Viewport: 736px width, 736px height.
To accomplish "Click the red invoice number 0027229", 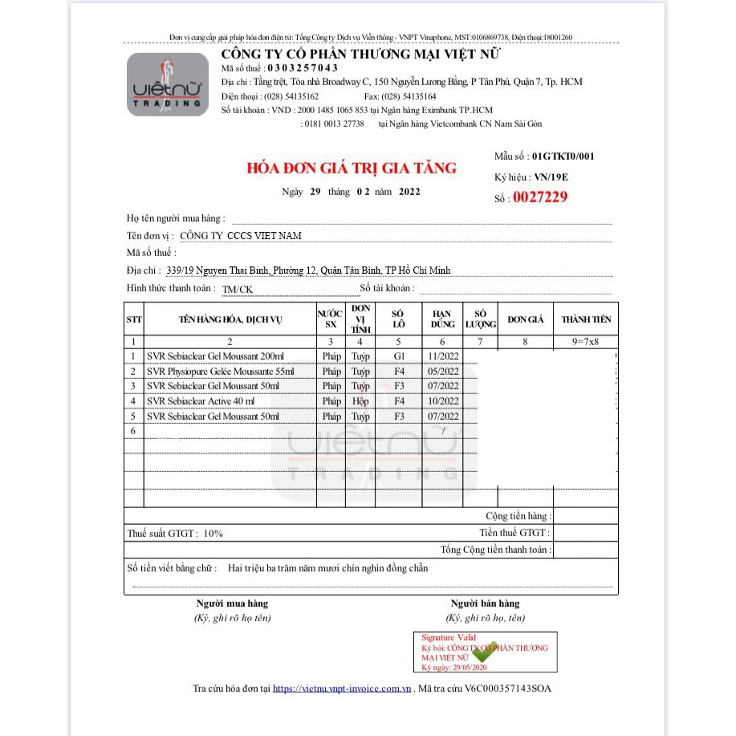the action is click(539, 197).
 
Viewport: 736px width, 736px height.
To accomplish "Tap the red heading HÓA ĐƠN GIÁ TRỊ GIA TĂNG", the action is click(351, 168).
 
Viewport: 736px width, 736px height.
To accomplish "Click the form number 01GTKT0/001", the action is click(563, 157).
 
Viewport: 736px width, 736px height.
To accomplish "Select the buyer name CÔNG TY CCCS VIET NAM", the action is click(241, 235).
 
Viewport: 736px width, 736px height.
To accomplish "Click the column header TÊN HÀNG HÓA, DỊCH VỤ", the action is click(230, 319).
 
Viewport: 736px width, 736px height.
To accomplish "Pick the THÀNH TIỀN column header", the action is click(586, 319).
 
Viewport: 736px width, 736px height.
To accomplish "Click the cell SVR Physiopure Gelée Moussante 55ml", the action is click(221, 372).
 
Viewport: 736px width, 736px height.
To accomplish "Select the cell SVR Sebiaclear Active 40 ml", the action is click(201, 401).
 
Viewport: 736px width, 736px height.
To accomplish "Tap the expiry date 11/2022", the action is click(443, 356).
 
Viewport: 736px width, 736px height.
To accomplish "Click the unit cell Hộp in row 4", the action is click(360, 401).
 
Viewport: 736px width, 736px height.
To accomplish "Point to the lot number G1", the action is click(399, 356).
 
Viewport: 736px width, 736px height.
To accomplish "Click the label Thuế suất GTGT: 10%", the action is click(175, 533).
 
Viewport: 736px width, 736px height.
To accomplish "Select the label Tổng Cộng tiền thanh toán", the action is click(495, 550).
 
